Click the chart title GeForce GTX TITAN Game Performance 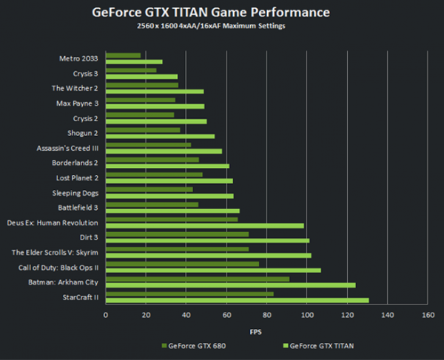[221, 13]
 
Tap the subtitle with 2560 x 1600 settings [221, 27]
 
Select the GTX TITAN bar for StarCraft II [237, 300]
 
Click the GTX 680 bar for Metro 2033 [123, 55]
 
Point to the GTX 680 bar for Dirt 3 [177, 234]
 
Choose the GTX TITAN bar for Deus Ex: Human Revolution [204, 225]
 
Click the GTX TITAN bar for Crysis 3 [141, 76]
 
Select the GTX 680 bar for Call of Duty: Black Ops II [182, 264]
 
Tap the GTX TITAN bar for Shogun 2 [160, 136]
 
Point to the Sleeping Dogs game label [76, 192]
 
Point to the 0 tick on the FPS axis [106, 315]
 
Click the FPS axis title [265, 330]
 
